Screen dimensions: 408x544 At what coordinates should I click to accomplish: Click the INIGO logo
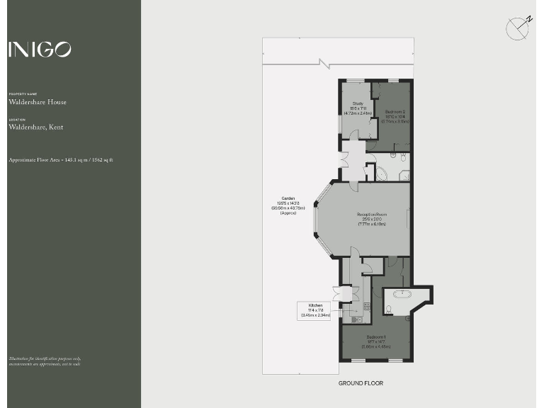pos(40,49)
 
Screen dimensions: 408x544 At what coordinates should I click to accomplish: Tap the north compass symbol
pos(518,28)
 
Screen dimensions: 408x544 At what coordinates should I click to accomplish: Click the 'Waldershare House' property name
pos(38,102)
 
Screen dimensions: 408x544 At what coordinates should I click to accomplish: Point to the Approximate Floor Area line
pos(61,160)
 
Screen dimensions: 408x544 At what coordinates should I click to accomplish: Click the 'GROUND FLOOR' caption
pos(361,383)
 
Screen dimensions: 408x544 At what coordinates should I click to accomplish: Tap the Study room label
pos(358,108)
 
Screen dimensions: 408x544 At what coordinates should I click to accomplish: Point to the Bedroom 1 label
pos(376,340)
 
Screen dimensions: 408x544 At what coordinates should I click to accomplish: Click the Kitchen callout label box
pos(315,310)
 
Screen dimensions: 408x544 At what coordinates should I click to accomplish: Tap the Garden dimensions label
pos(288,205)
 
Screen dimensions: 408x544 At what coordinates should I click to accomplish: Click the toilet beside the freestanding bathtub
pos(390,308)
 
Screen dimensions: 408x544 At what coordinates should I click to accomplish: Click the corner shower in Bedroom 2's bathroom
pos(404,176)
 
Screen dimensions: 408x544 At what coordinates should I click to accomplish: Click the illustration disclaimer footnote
pos(44,361)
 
